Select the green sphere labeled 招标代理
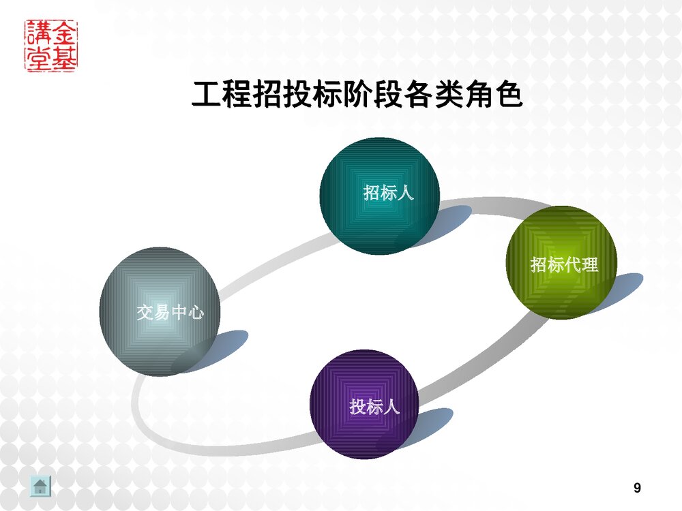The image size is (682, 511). [x=561, y=262]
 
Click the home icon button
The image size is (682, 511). [x=41, y=486]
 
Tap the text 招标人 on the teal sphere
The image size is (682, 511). [x=389, y=193]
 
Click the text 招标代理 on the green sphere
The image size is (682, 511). [x=564, y=264]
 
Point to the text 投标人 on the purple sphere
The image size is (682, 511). [x=374, y=407]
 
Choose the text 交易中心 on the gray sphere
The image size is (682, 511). [x=170, y=313]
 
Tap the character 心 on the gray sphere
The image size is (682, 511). [x=195, y=313]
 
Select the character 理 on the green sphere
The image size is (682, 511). [x=590, y=264]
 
